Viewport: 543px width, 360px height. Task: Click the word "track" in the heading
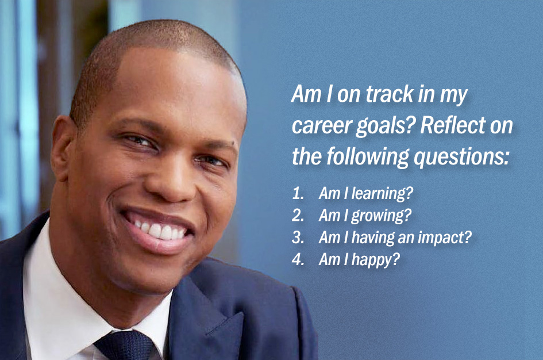point(389,94)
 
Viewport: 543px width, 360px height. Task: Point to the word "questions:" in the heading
point(461,158)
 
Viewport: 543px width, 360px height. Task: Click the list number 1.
point(298,193)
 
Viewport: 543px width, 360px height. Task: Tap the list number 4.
point(298,259)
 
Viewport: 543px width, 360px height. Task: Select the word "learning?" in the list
point(382,193)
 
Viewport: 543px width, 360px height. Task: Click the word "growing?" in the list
point(382,216)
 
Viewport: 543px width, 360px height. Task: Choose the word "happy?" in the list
point(376,260)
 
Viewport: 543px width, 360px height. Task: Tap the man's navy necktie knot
point(125,345)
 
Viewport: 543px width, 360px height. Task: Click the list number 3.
point(298,238)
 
